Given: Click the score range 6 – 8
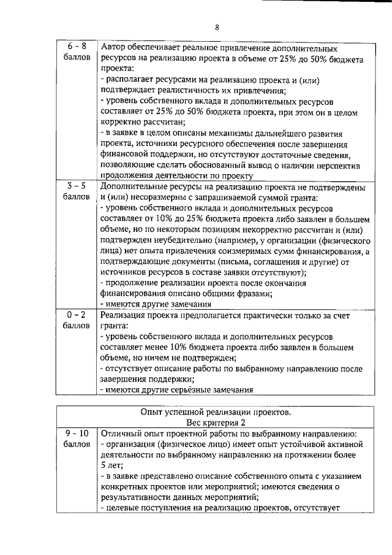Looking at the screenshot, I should pos(77,47).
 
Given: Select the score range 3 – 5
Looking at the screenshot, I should pos(77,186).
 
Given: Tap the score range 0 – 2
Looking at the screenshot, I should pos(77,314).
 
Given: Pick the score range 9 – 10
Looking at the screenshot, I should pos(77,433).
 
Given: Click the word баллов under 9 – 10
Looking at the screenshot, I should pos(77,445).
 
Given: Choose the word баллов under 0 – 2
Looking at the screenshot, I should pos(77,326).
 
